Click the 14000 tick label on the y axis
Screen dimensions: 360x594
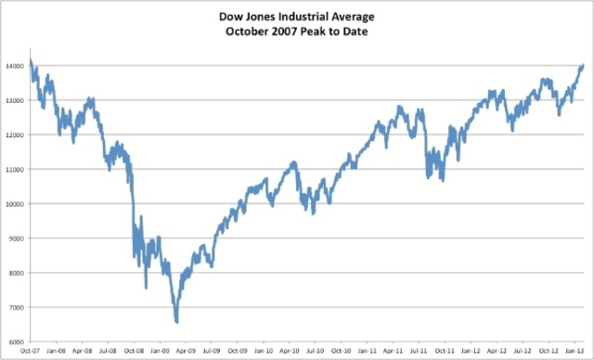[16, 65]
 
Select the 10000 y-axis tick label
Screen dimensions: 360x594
[16, 203]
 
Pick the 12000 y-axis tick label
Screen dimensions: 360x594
[16, 135]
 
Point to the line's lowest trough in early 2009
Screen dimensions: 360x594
[176, 322]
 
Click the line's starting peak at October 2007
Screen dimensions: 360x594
[31, 61]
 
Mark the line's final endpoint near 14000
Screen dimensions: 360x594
[583, 65]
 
